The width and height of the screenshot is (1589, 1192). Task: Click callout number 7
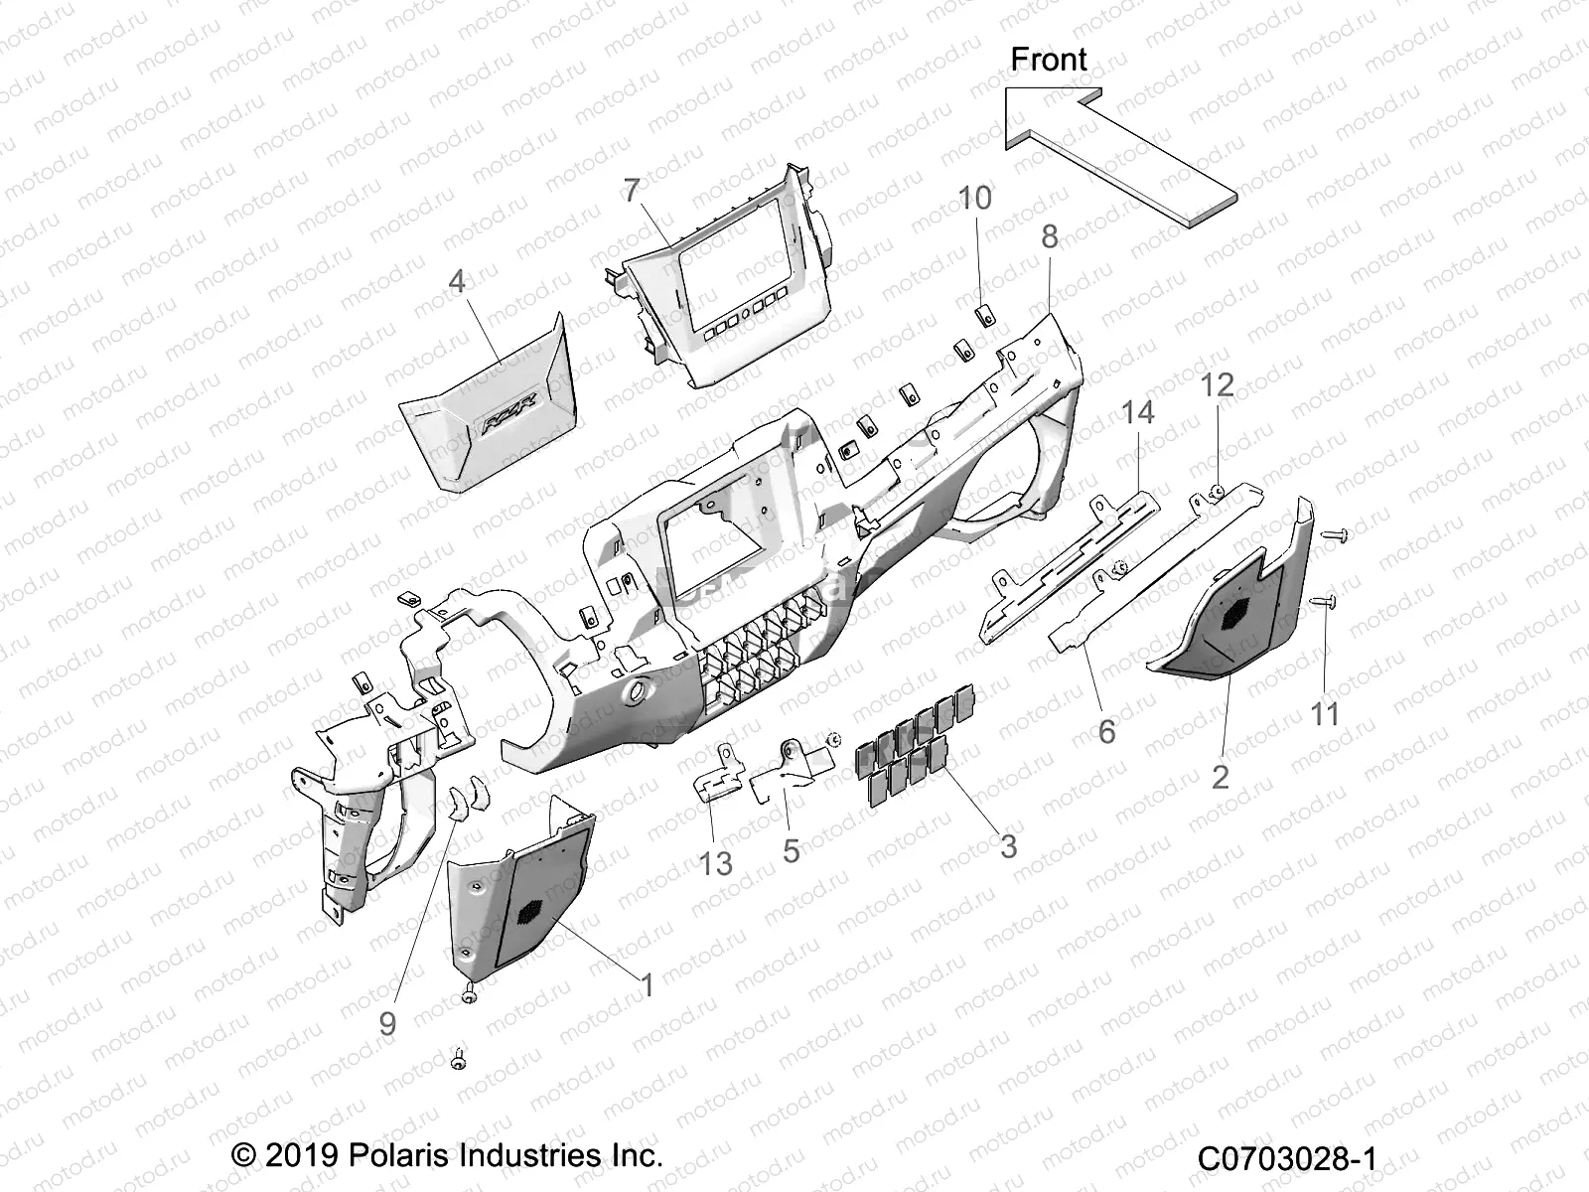(x=632, y=191)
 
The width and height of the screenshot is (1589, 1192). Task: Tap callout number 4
(x=457, y=282)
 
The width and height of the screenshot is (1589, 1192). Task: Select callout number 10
(x=974, y=198)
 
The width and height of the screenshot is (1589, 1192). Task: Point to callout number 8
(x=1050, y=237)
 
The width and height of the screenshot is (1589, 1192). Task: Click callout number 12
(x=1218, y=385)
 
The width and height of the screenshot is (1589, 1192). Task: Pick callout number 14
(x=1138, y=411)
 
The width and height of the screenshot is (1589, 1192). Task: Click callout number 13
(x=715, y=864)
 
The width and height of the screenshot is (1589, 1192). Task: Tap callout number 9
(x=387, y=1023)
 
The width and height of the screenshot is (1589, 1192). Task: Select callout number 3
(x=1008, y=846)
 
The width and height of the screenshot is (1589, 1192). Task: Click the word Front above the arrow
(x=1049, y=60)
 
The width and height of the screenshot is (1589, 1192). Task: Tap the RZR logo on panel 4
(x=509, y=400)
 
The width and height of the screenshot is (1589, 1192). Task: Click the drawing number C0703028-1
(x=1287, y=1158)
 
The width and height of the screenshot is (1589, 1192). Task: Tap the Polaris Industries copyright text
(x=447, y=1155)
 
